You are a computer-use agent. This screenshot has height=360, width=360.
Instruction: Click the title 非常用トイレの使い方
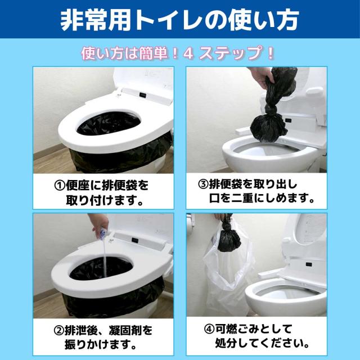(x=180, y=20)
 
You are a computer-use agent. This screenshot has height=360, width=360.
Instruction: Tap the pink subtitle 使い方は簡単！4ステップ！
(x=178, y=53)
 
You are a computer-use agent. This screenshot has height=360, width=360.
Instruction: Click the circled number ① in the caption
(x=60, y=185)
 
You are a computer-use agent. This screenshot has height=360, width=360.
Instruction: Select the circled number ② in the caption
(x=58, y=330)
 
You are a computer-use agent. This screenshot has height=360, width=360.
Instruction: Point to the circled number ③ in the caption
(x=203, y=184)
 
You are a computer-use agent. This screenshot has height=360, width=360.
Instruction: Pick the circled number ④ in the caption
(x=209, y=329)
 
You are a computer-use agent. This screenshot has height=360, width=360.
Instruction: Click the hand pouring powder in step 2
(x=98, y=222)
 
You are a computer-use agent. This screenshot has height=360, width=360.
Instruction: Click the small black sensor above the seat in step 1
(x=143, y=94)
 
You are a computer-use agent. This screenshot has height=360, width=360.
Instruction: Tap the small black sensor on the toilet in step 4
(x=309, y=264)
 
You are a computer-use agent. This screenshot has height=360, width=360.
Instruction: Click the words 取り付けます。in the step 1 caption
(x=105, y=200)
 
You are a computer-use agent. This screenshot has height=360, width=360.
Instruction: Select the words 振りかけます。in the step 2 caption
(x=101, y=345)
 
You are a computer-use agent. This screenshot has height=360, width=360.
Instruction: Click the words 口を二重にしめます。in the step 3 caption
(x=262, y=198)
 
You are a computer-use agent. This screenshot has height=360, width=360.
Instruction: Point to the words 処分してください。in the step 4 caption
(x=262, y=343)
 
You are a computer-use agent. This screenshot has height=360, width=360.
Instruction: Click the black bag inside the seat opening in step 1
(x=109, y=124)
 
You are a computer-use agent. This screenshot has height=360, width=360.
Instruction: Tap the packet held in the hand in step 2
(x=103, y=232)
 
